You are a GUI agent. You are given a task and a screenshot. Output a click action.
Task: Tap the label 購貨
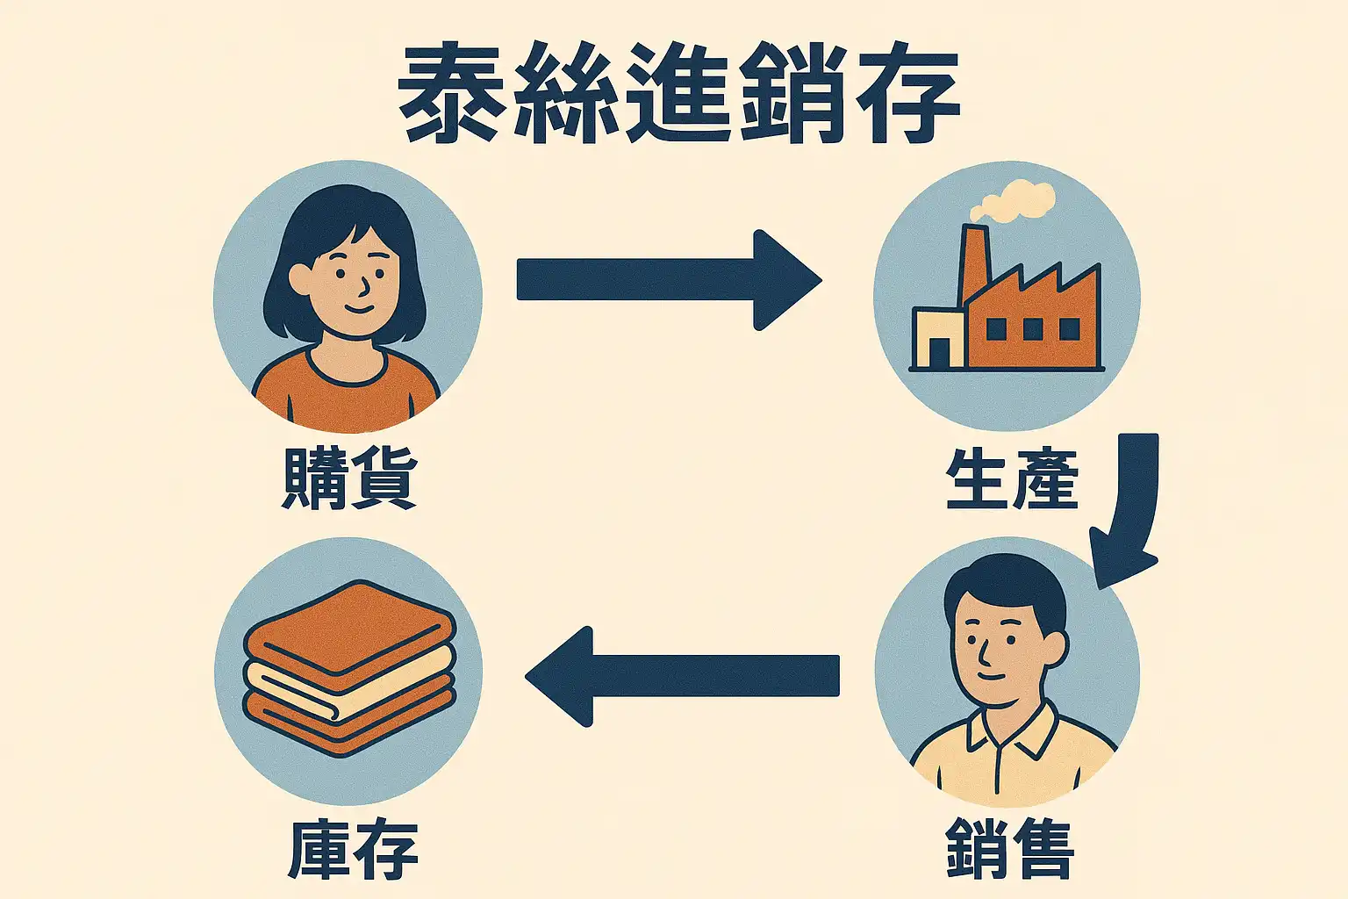point(348,478)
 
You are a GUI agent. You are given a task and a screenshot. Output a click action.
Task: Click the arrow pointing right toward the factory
point(667,280)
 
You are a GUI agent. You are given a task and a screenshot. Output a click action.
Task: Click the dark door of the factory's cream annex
point(939,353)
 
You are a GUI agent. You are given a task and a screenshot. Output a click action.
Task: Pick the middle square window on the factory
point(1033,329)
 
